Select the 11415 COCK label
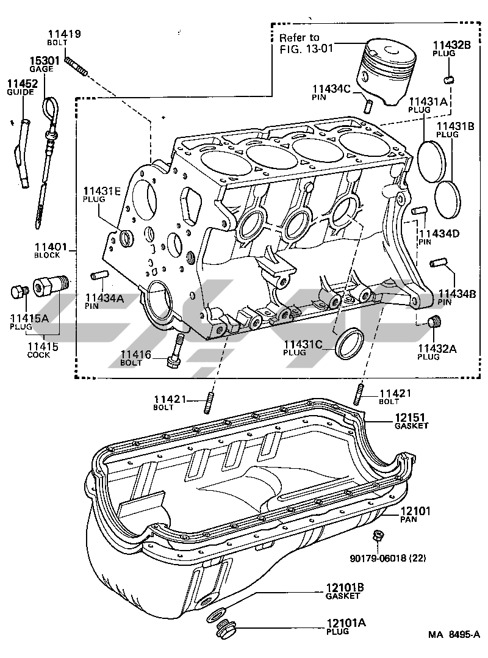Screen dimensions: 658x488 tap(42, 350)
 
